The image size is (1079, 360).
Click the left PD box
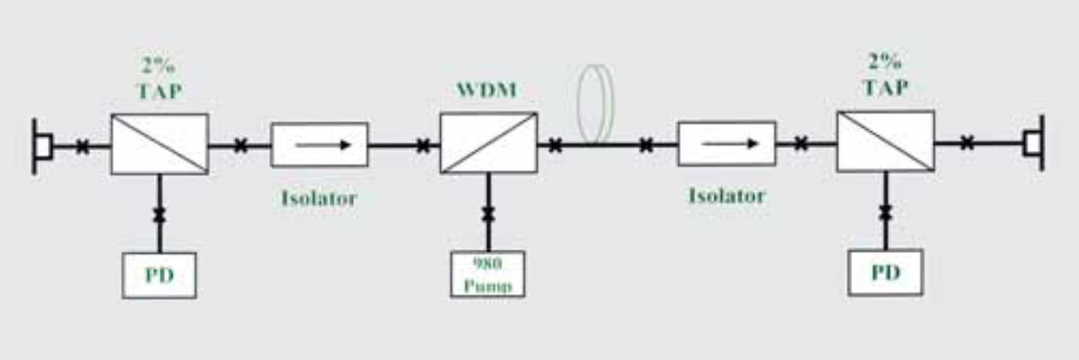[x=159, y=275]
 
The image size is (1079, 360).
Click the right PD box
[x=885, y=273]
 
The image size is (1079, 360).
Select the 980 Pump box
[x=488, y=274]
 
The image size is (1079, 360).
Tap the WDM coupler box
[x=489, y=143]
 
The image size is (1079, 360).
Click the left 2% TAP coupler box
[x=160, y=144]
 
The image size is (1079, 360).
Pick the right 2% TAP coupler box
[x=885, y=142]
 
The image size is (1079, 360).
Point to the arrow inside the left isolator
[x=323, y=145]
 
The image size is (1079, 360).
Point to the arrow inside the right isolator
[x=729, y=144]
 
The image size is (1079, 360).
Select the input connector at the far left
[x=41, y=147]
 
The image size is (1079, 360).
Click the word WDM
[x=487, y=91]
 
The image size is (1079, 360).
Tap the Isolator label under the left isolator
[x=319, y=198]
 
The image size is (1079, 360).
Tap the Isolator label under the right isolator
[x=726, y=196]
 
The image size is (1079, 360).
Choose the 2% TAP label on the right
[x=885, y=74]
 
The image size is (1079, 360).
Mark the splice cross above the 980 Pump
[x=488, y=214]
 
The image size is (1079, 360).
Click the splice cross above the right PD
[x=885, y=213]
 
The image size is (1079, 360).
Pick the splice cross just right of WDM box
[x=555, y=145]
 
